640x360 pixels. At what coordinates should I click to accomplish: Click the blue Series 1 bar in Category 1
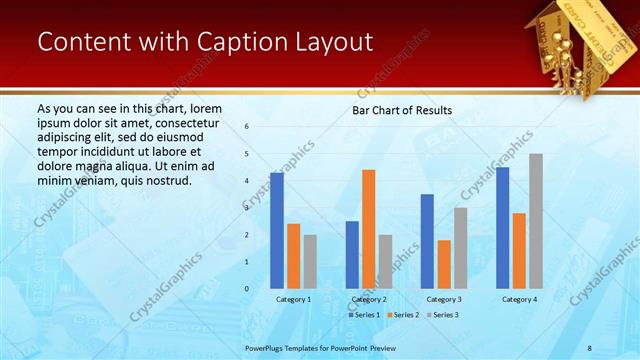(x=277, y=231)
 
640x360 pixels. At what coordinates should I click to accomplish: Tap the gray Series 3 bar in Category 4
(x=535, y=221)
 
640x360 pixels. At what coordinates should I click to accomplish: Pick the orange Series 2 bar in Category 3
(x=444, y=264)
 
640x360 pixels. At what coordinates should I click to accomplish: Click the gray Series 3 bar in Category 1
(x=310, y=262)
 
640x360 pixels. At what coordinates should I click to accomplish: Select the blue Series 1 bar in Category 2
(x=352, y=255)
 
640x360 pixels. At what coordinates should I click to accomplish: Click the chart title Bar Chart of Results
(x=401, y=110)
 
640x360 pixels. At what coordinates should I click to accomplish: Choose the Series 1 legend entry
(x=365, y=315)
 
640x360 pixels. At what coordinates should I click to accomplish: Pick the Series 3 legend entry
(x=443, y=315)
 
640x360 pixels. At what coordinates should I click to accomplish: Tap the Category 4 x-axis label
(x=519, y=299)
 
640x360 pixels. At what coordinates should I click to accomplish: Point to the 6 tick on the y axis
(x=246, y=127)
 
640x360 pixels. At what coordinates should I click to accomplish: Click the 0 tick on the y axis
(x=246, y=289)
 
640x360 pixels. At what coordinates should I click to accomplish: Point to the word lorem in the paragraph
(x=204, y=108)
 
